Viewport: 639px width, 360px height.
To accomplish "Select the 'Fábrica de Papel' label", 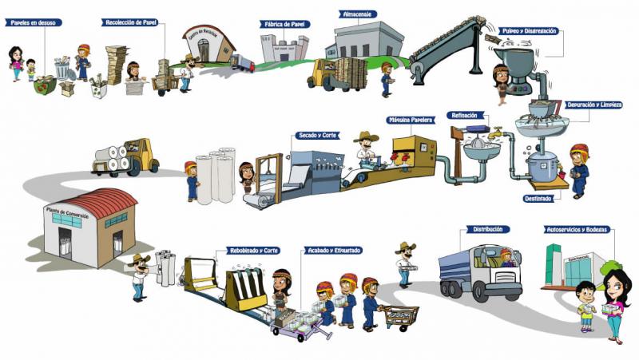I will coord(284,24).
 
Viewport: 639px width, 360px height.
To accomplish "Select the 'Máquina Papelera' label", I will coord(411,120).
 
